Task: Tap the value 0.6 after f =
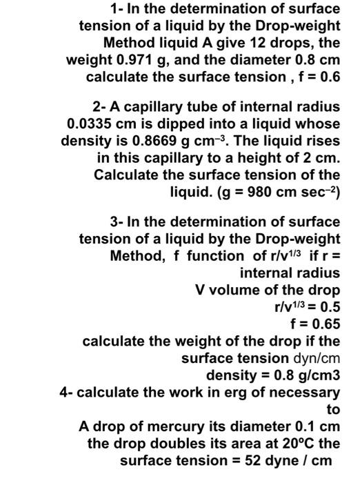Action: click(x=327, y=76)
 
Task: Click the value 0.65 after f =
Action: click(x=325, y=324)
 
